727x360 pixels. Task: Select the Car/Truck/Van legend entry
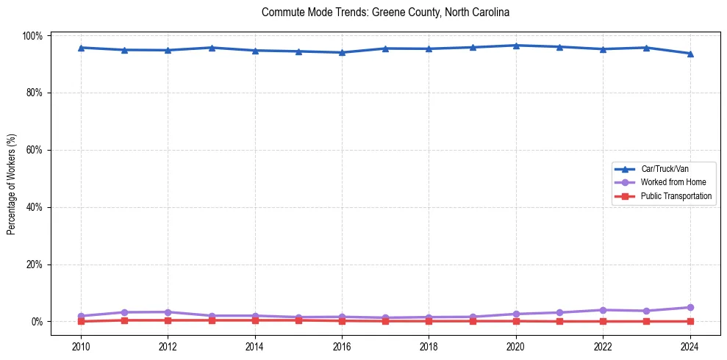tap(665, 169)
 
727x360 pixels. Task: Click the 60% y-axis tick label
tap(35, 150)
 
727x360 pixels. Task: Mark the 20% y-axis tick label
tap(35, 264)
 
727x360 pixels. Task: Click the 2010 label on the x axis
tap(81, 347)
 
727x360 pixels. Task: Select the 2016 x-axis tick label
tap(342, 347)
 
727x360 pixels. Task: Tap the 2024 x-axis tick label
tap(690, 347)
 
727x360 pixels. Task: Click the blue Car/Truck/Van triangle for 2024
tap(690, 54)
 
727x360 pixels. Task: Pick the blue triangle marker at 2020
tap(516, 46)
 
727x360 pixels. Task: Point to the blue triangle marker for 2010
tap(81, 48)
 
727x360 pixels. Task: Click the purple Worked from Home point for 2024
tap(690, 307)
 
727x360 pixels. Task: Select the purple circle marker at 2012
tap(168, 312)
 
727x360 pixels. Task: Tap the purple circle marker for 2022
tap(603, 310)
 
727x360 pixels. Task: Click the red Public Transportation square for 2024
tap(690, 321)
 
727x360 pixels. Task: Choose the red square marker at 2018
tap(429, 321)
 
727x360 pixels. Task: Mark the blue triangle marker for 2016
tap(342, 52)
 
